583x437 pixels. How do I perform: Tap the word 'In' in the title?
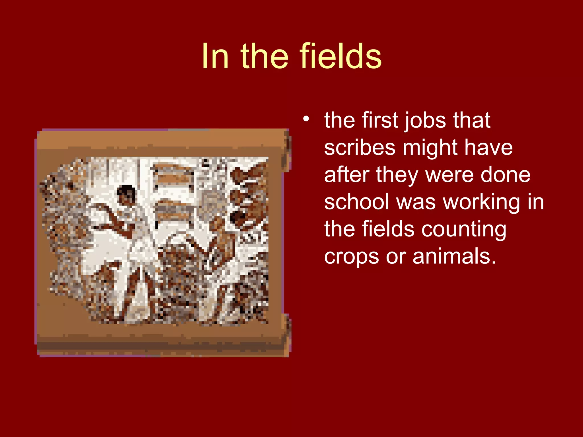click(215, 56)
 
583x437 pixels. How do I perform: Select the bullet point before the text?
click(306, 119)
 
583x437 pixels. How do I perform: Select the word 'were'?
click(449, 175)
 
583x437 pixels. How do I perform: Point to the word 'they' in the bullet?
click(397, 175)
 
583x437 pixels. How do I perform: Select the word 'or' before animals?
click(395, 257)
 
